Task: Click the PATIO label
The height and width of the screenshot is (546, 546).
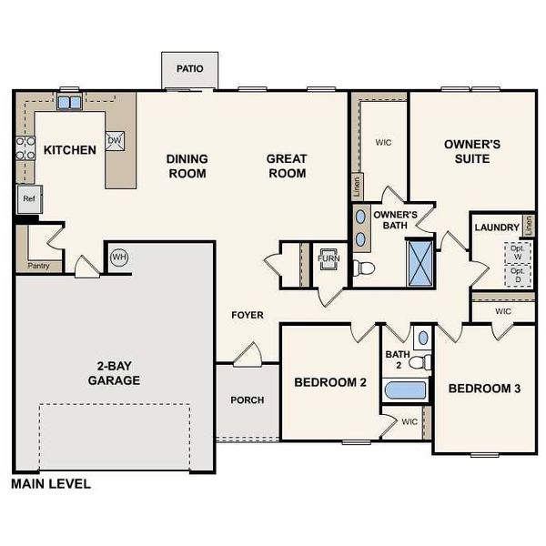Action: [190, 68]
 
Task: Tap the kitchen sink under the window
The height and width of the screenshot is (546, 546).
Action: [69, 103]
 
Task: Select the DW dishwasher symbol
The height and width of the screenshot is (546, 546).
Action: [115, 141]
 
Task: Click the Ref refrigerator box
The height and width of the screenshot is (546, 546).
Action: [28, 198]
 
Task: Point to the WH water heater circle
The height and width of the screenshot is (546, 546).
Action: [119, 258]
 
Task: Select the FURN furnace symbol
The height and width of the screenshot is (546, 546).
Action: [328, 258]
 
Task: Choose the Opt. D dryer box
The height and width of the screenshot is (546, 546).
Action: [518, 276]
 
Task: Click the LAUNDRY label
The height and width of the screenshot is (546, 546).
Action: [497, 227]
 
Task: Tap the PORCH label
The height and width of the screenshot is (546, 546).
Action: [248, 399]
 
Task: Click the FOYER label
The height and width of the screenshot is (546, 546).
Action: [248, 315]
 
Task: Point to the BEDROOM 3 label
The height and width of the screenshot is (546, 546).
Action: [484, 389]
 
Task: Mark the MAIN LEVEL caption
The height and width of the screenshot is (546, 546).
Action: [51, 484]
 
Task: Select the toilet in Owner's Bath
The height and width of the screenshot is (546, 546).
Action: [364, 268]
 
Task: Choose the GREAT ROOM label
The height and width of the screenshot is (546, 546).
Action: [287, 166]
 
